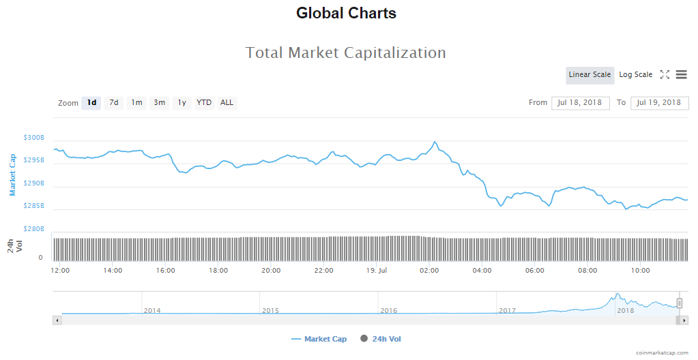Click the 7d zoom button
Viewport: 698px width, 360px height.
click(114, 103)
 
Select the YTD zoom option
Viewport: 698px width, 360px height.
click(204, 103)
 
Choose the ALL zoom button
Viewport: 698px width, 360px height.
click(227, 103)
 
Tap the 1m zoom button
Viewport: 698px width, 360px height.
click(136, 103)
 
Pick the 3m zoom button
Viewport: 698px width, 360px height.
click(159, 103)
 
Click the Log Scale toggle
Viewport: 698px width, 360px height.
click(635, 75)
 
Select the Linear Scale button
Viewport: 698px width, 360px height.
click(590, 75)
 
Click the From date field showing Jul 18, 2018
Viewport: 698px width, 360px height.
click(580, 103)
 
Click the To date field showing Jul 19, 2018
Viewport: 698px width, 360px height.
click(659, 103)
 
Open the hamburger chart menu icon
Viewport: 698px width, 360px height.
click(681, 75)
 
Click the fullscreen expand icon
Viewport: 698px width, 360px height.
click(665, 75)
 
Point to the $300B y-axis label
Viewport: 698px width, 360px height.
click(33, 138)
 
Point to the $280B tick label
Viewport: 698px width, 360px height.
click(33, 229)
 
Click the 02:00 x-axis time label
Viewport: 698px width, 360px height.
click(429, 271)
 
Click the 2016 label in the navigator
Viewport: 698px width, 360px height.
click(388, 311)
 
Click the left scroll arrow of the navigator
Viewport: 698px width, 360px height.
click(57, 320)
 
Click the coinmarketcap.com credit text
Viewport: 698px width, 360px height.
click(661, 353)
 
